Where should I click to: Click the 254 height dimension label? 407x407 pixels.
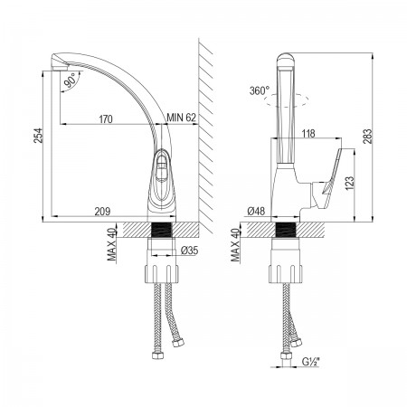tap(39, 136)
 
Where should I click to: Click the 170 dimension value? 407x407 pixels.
tap(106, 119)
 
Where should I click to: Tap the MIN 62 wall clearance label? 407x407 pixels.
tap(182, 118)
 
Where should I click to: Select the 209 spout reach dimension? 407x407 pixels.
tap(102, 212)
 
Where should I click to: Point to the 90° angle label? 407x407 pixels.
tap(71, 80)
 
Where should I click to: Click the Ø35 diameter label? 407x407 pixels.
tap(189, 250)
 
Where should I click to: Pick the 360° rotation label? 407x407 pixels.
tap(260, 90)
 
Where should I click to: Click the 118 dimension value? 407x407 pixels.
tap(308, 133)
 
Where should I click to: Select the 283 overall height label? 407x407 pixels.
tap(368, 137)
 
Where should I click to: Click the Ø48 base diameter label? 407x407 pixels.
tap(256, 212)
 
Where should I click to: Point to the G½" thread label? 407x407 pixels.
tap(310, 362)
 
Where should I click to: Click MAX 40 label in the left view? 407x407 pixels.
tap(112, 244)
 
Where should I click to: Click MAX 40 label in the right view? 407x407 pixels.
tap(235, 244)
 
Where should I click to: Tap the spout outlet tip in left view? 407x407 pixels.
tap(59, 68)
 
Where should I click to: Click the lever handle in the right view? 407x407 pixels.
tap(328, 178)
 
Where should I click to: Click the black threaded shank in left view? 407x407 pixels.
tap(161, 230)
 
